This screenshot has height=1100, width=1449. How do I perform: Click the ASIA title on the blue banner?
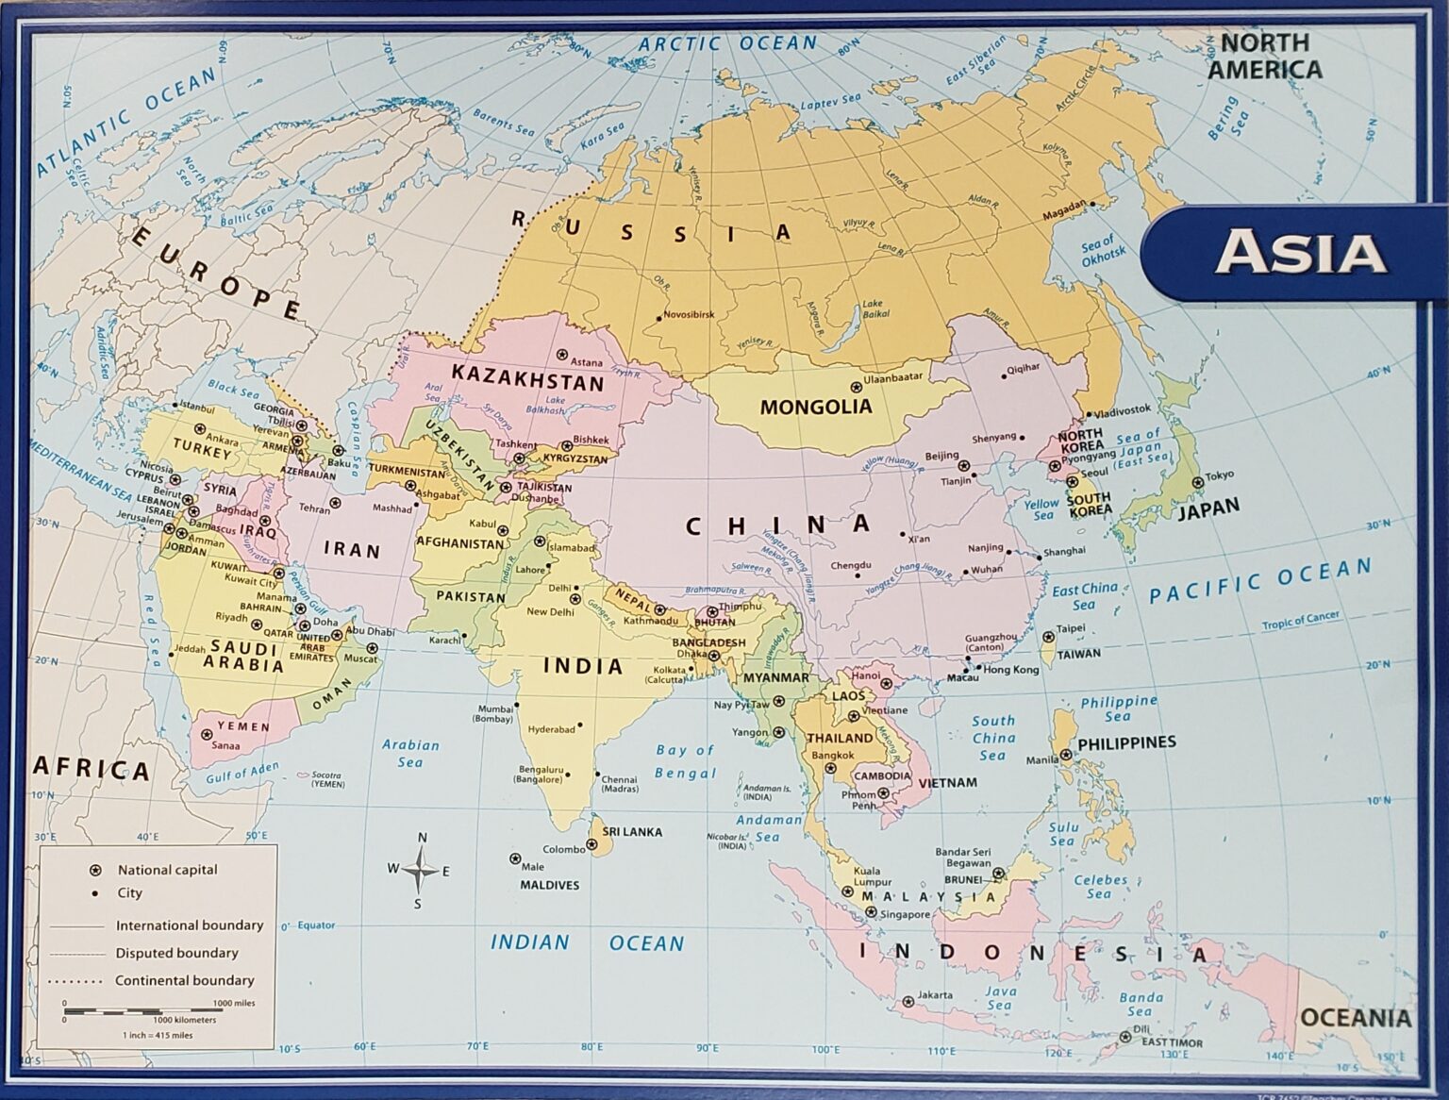1300,253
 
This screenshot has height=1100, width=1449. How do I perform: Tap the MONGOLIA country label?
816,408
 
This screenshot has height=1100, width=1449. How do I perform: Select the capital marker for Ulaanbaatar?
857,387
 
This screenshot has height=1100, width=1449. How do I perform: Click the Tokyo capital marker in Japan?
1197,482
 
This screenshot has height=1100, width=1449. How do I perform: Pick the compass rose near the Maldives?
419,870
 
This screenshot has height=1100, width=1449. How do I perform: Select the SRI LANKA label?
632,832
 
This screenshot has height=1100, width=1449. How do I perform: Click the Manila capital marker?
1065,755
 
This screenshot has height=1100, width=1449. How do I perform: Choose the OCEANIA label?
1356,1018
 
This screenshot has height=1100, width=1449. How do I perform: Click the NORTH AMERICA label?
1265,57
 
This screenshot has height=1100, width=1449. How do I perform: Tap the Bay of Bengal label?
686,761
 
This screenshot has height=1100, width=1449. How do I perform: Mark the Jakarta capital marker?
908,1002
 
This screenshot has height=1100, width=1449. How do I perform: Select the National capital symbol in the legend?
94,870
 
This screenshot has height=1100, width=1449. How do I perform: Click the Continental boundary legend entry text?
185,980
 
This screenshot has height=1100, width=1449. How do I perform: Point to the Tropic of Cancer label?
1301,621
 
